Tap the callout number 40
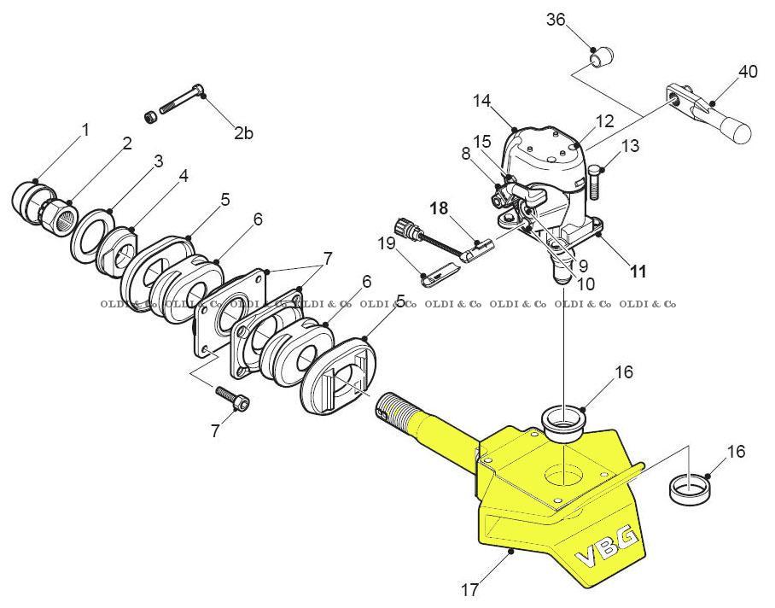(748, 71)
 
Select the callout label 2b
(244, 132)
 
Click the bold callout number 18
(439, 208)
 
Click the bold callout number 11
(638, 272)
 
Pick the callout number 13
(630, 146)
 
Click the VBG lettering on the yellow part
(608, 547)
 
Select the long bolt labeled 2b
(181, 102)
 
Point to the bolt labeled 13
(595, 180)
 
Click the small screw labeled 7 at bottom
(234, 399)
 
